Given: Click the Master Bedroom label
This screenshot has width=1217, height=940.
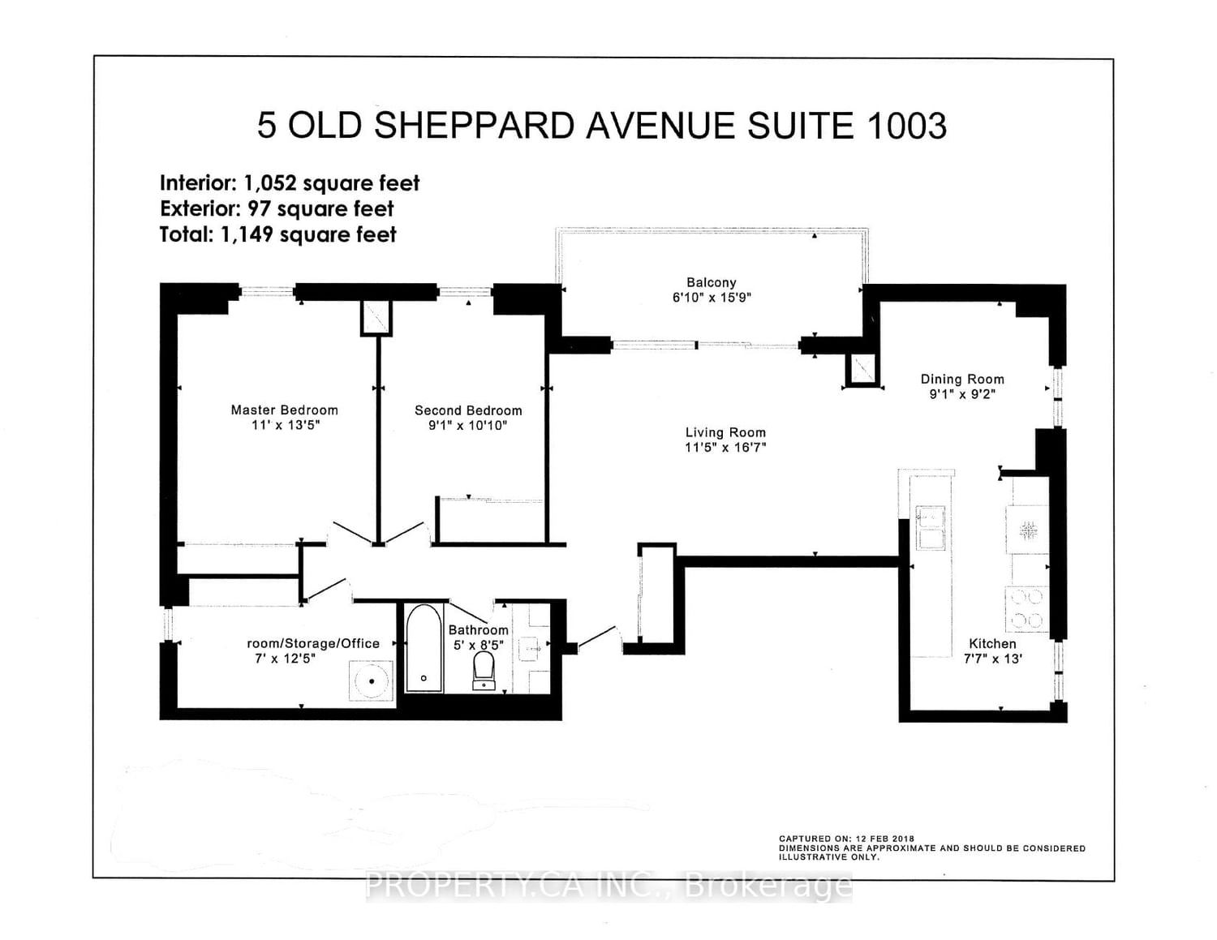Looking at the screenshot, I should [284, 410].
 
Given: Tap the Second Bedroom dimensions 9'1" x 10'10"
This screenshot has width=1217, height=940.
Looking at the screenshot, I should [468, 425].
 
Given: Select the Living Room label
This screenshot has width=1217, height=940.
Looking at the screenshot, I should [725, 432].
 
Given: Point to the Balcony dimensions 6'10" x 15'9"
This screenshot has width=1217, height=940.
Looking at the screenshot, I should [712, 298].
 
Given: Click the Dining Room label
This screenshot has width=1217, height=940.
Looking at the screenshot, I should [962, 379].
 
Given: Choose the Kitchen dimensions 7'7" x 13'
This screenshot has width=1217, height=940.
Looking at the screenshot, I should [992, 659].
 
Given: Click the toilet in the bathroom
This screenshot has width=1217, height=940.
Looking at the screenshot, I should [484, 672].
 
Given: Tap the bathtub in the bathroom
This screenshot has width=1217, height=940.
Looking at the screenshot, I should [424, 648].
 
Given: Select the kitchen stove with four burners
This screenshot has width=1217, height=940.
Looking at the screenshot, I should [1026, 609].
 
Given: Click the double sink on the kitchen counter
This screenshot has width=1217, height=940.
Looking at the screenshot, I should [930, 528].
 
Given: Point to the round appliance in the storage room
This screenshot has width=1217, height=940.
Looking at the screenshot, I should [372, 681].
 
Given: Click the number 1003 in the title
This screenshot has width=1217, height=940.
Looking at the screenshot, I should [906, 126].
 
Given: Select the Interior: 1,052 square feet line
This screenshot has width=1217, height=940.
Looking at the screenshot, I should [290, 183].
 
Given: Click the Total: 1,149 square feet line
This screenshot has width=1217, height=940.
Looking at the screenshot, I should [277, 234].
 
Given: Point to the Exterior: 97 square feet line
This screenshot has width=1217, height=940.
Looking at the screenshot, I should [277, 208].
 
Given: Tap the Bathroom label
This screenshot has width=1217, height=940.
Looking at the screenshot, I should [478, 630].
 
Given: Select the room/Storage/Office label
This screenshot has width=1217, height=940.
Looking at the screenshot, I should [313, 643].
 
